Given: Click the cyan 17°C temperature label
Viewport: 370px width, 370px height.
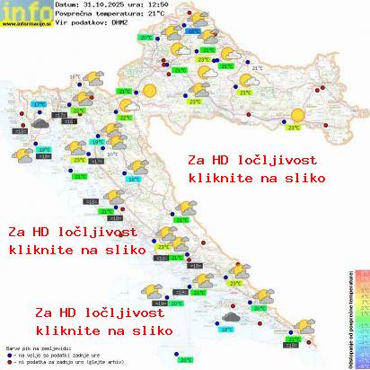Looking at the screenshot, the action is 40,105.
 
